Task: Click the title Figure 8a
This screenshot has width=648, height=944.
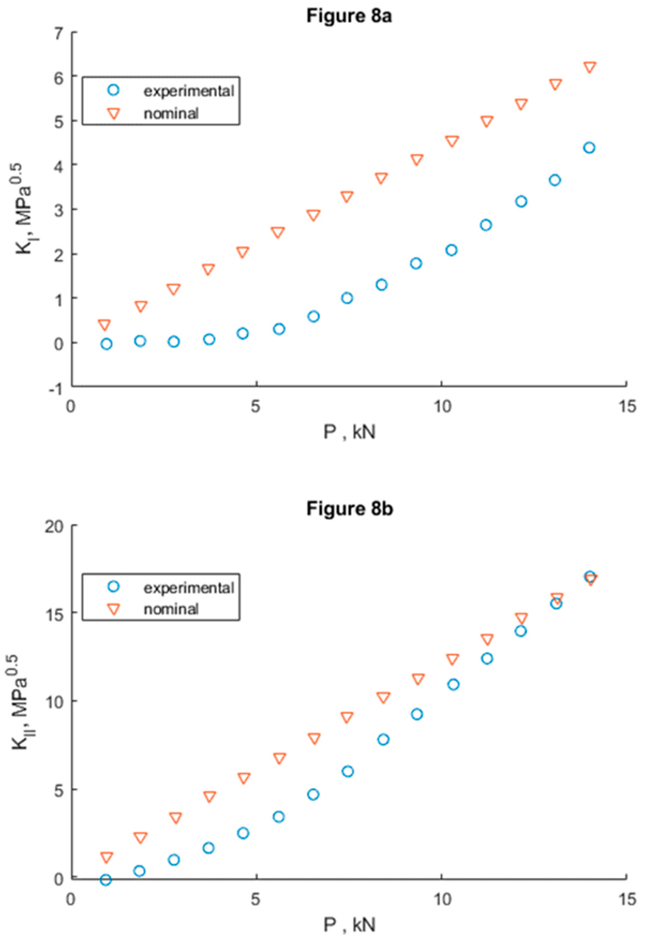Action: point(349,17)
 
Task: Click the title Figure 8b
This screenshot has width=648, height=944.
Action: point(349,509)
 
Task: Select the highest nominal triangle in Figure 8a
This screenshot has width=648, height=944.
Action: point(590,67)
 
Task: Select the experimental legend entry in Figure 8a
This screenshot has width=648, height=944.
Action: point(189,91)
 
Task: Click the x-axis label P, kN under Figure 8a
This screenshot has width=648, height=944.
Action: point(349,432)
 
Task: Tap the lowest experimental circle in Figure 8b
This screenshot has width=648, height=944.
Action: point(105,880)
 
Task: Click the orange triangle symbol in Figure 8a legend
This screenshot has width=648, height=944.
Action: point(114,113)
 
